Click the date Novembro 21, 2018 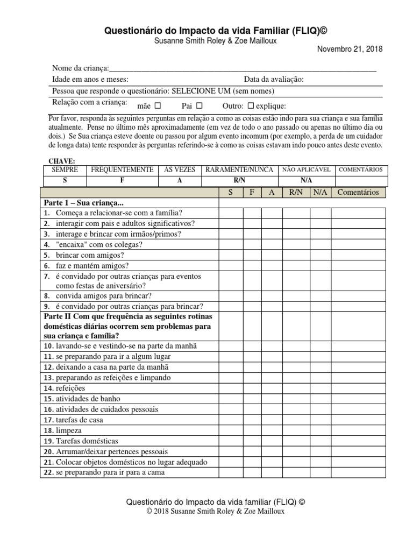pyautogui.click(x=350, y=50)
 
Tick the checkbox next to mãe pyautogui.click(x=158, y=105)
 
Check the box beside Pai pyautogui.click(x=199, y=105)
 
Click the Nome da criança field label pyautogui.click(x=80, y=68)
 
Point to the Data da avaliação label pyautogui.click(x=274, y=80)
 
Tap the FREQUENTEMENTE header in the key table pyautogui.click(x=122, y=169)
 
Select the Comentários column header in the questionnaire pyautogui.click(x=358, y=192)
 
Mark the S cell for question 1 pyautogui.click(x=230, y=213)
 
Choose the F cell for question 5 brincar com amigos pyautogui.click(x=251, y=255)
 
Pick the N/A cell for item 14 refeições pyautogui.click(x=320, y=388)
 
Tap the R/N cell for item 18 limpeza pyautogui.click(x=296, y=430)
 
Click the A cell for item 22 pyautogui.click(x=272, y=473)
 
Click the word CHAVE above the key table pyautogui.click(x=62, y=161)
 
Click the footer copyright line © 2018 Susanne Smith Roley pyautogui.click(x=215, y=512)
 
